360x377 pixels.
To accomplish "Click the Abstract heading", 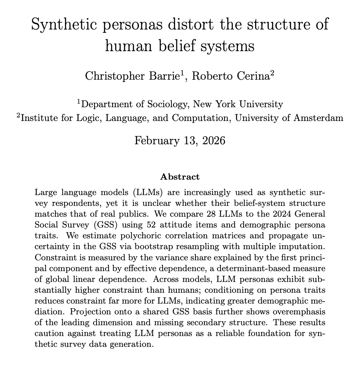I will click(x=180, y=177).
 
